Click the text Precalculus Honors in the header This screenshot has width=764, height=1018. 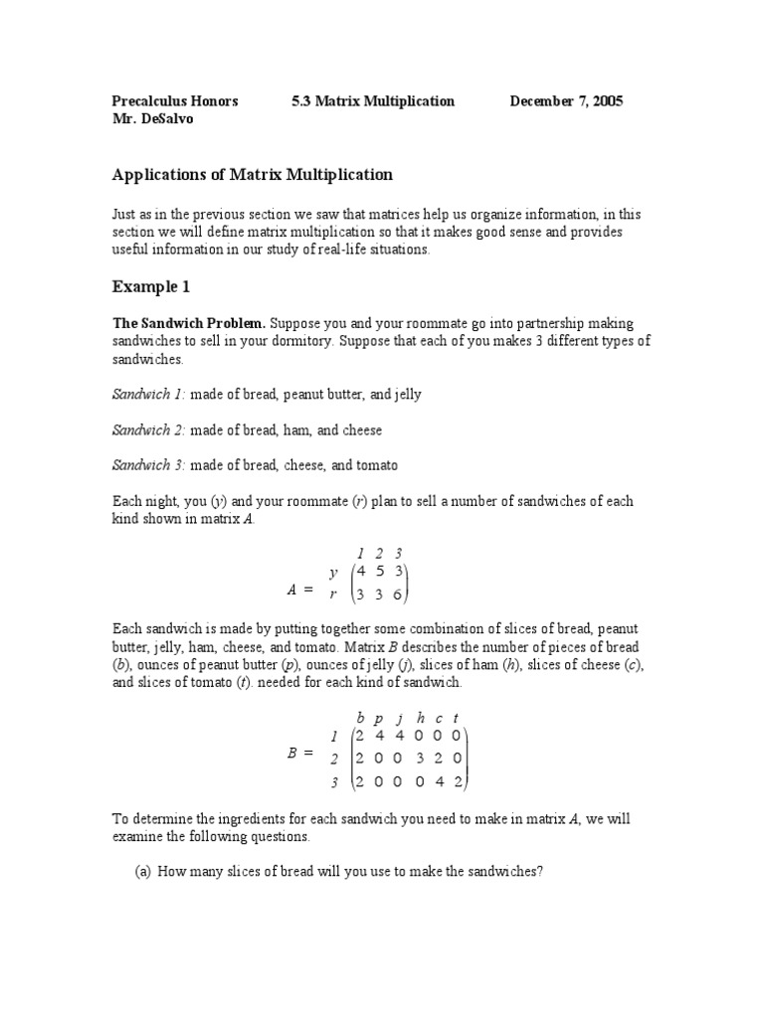click(x=174, y=101)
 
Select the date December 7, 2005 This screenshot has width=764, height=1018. click(x=567, y=101)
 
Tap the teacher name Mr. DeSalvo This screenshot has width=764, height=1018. click(x=153, y=119)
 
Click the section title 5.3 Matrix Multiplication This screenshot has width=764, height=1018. click(x=373, y=101)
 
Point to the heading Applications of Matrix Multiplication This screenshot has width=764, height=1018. click(x=253, y=175)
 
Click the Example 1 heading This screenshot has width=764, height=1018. click(x=150, y=287)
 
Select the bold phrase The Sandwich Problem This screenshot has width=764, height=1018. click(x=189, y=324)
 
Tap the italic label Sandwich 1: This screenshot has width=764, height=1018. click(x=148, y=395)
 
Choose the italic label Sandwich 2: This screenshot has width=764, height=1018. click(x=148, y=430)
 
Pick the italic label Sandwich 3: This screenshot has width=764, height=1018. click(x=148, y=465)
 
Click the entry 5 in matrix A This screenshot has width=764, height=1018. click(x=380, y=572)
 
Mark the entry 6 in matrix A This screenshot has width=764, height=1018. click(x=398, y=594)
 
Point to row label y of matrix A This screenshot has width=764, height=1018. click(x=334, y=573)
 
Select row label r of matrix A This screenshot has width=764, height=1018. click(x=334, y=594)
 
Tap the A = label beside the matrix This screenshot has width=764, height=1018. click(x=298, y=590)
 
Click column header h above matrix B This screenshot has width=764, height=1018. click(x=420, y=718)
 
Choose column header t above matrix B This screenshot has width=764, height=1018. click(x=456, y=718)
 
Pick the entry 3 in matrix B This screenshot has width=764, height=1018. click(x=420, y=759)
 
